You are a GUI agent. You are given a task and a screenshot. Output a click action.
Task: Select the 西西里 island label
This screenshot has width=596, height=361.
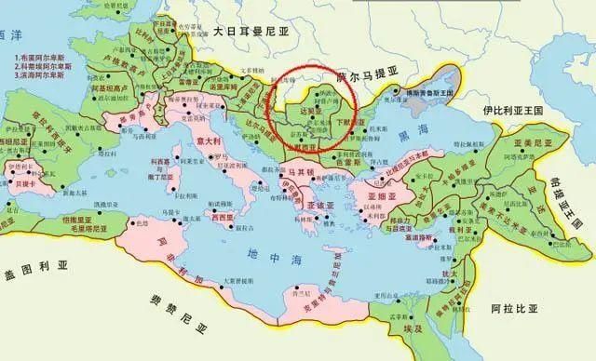click(x=223, y=216)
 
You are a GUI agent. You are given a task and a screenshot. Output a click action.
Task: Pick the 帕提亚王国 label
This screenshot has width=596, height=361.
click(x=576, y=191)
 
